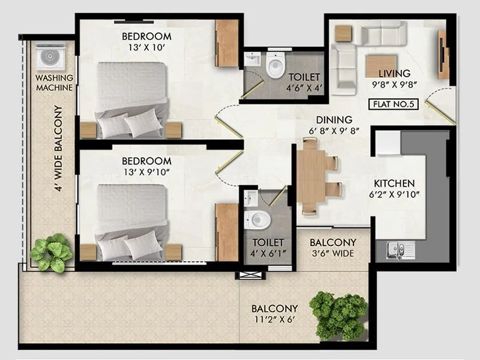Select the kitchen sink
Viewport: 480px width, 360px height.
click(397, 248)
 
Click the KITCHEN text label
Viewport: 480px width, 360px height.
click(394, 183)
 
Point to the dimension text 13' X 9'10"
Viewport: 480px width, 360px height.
click(146, 172)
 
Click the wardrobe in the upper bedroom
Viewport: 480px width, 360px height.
click(227, 43)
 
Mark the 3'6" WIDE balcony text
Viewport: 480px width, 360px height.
click(332, 253)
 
